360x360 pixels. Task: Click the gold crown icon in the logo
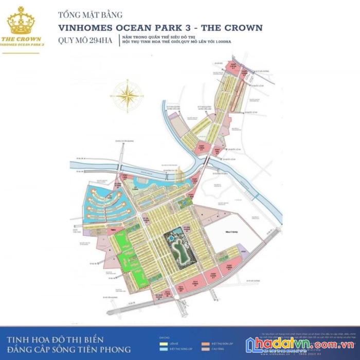pos(21,22)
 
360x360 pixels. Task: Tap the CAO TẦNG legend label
pos(217,348)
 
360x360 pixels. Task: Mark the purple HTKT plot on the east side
pos(245,253)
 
